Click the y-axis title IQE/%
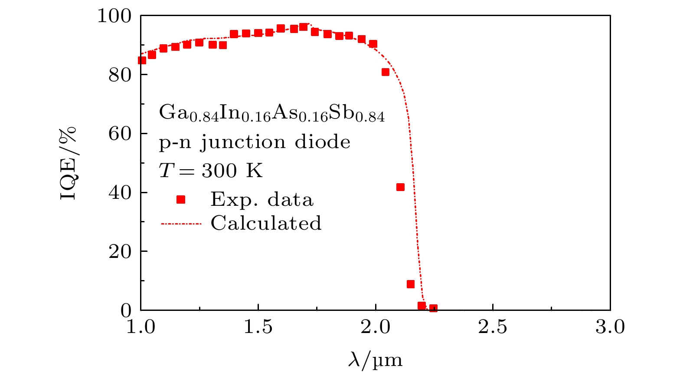pos(68,163)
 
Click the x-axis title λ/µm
pos(375,360)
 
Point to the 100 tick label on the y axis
pos(114,16)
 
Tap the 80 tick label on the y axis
pos(120,75)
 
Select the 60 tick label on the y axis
pos(120,134)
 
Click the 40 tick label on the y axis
pos(120,192)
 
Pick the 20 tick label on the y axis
pos(120,251)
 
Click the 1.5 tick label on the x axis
pos(258,327)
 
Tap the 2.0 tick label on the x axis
pos(376,327)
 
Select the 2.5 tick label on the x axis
pos(493,327)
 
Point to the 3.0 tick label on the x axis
pos(610,327)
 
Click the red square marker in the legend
pos(181,200)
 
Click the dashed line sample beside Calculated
pos(181,224)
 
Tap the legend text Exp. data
pos(262,200)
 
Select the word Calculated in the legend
pos(266,223)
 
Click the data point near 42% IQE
pos(400,187)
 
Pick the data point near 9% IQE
pos(411,284)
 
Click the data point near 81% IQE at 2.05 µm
pos(386,72)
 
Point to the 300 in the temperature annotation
pos(219,171)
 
